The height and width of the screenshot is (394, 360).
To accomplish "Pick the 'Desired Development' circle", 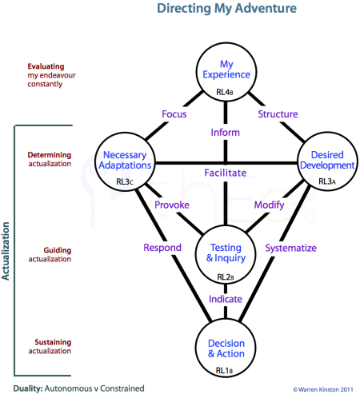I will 326,163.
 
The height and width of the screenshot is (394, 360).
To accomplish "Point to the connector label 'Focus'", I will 174,114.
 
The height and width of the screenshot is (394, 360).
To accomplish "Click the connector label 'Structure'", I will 278,114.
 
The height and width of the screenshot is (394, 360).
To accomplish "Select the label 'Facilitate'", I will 225,173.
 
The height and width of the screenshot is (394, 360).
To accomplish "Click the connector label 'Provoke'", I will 172,205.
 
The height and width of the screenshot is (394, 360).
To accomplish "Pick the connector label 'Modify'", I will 268,205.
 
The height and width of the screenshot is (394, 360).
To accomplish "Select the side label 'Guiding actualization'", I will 49,255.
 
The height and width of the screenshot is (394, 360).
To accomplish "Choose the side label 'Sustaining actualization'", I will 49,346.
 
